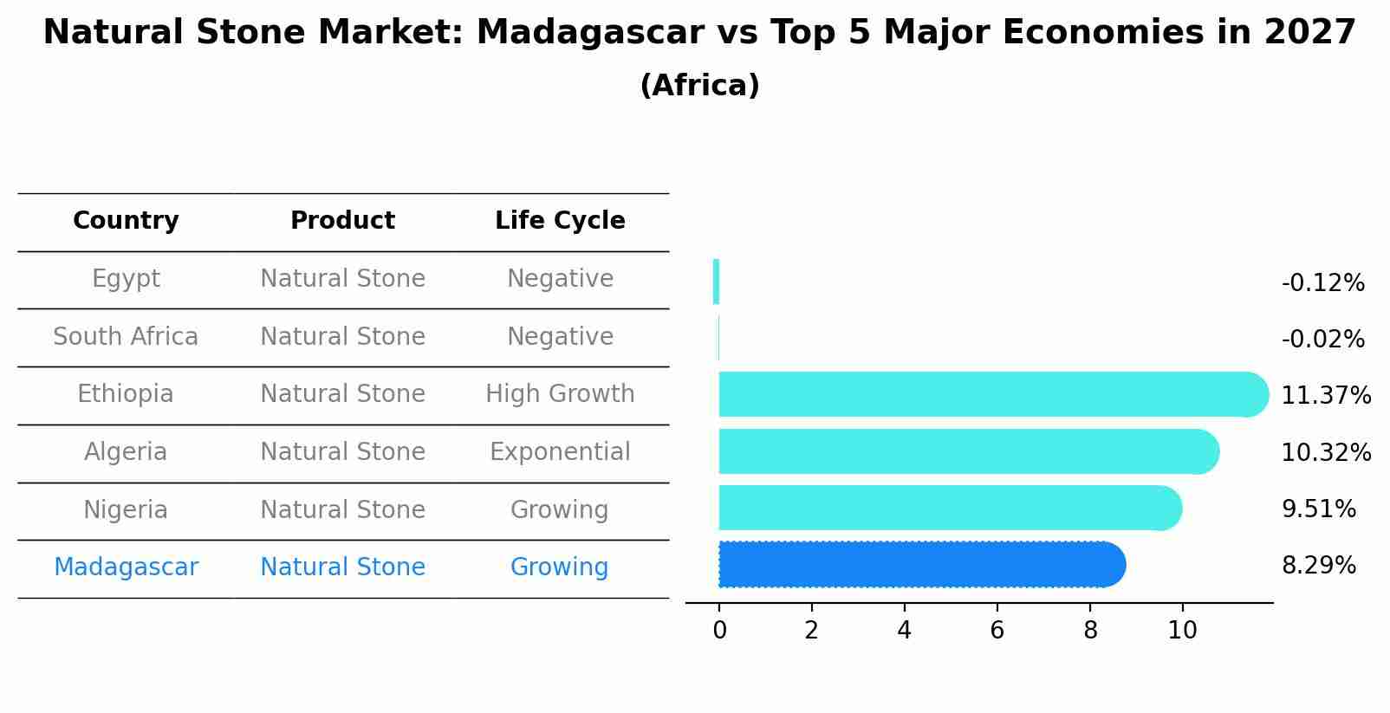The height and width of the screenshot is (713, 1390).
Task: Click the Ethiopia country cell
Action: point(126,394)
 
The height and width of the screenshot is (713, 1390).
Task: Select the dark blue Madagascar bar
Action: point(919,565)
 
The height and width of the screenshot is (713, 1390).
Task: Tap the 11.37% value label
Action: point(1325,396)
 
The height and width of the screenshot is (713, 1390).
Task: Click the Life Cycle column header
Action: point(560,221)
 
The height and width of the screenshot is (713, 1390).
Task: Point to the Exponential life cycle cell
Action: point(560,452)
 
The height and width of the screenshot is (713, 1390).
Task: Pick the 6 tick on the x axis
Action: point(997,631)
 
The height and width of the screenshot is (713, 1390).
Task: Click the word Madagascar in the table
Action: point(126,567)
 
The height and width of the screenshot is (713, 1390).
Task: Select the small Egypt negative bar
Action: point(716,282)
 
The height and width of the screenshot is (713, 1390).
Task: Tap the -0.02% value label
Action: point(1322,340)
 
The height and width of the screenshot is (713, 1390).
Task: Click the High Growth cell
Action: point(560,394)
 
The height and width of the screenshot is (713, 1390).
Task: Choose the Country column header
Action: point(126,221)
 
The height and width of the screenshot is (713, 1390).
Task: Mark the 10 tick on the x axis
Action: point(1182,631)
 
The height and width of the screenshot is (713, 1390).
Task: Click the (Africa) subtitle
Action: point(699,86)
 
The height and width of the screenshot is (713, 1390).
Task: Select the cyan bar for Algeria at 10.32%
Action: point(966,451)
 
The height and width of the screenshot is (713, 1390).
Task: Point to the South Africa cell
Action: point(126,337)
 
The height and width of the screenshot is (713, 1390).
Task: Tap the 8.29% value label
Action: point(1318,566)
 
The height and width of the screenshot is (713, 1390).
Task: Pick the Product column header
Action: point(342,221)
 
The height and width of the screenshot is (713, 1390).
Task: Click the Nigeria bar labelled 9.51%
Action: point(949,508)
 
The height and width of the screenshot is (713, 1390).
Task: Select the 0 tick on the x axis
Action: point(719,631)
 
